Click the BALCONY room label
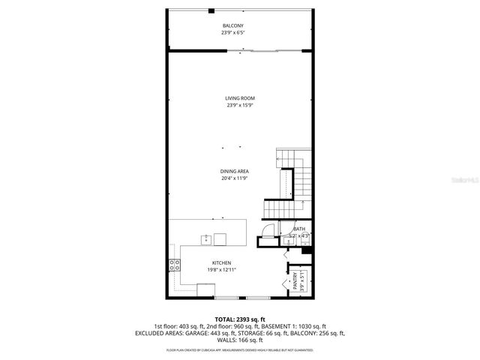[232, 26]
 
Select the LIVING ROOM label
[240, 98]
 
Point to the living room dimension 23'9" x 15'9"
[240, 106]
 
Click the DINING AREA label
[235, 171]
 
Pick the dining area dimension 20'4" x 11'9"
[235, 178]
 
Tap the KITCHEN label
[211, 262]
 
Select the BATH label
[299, 229]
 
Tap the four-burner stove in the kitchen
[175, 264]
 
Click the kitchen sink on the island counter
[205, 239]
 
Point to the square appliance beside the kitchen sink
[220, 239]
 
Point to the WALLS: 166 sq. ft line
[240, 339]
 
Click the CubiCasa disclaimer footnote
[240, 349]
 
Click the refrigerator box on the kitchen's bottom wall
[205, 289]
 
